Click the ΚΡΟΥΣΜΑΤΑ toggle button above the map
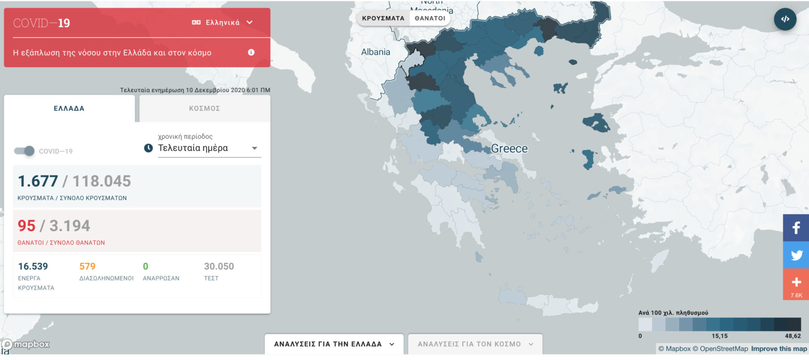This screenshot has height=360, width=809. (x=383, y=18)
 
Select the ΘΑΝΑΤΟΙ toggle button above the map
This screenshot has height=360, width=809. (x=430, y=18)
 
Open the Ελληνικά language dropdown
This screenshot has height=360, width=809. (x=222, y=23)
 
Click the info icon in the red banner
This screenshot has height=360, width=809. (x=251, y=53)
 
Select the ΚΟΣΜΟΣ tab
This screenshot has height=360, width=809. (x=205, y=108)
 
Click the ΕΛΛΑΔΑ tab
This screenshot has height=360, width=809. (x=69, y=108)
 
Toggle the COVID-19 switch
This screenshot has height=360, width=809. (x=24, y=151)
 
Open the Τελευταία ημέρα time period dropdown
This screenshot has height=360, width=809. (x=209, y=148)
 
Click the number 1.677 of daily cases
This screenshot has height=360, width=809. (x=38, y=181)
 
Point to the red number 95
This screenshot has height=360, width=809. (x=26, y=226)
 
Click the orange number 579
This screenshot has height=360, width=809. (x=87, y=266)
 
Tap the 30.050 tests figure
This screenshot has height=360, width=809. (x=219, y=266)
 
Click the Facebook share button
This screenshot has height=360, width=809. (x=796, y=228)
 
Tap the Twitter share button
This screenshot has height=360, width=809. (x=796, y=255)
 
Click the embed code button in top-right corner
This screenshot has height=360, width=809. (x=785, y=19)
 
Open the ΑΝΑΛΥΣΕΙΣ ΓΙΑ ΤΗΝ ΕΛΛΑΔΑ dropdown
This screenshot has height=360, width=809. (x=334, y=344)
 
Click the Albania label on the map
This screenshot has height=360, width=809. (x=375, y=52)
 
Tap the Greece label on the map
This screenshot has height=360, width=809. (x=509, y=149)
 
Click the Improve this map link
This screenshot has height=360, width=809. (x=779, y=349)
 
